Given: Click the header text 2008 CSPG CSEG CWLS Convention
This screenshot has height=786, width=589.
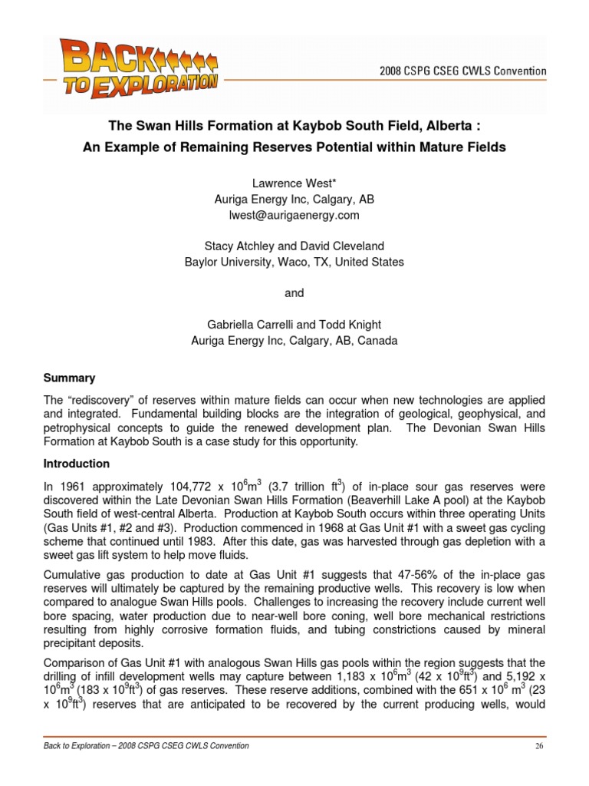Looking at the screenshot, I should (x=463, y=71).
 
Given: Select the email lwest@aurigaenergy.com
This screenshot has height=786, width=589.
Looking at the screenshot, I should (x=294, y=216).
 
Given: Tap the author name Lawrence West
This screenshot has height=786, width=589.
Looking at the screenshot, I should (x=294, y=183).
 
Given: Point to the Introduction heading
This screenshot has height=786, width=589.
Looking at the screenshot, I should (x=76, y=464).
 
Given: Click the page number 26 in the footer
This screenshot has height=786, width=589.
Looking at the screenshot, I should (x=539, y=745).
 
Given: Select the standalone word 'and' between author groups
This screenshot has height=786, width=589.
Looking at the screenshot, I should (x=294, y=293).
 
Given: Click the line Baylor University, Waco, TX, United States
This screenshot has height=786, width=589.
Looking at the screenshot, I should (x=294, y=262).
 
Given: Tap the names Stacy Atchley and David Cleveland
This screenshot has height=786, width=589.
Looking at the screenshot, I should (x=294, y=246).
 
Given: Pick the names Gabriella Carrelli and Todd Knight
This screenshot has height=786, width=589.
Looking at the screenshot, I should (x=294, y=325).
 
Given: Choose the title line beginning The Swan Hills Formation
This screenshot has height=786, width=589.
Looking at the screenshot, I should (x=294, y=126).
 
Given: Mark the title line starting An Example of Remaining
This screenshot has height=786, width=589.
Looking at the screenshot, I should (x=294, y=147).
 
